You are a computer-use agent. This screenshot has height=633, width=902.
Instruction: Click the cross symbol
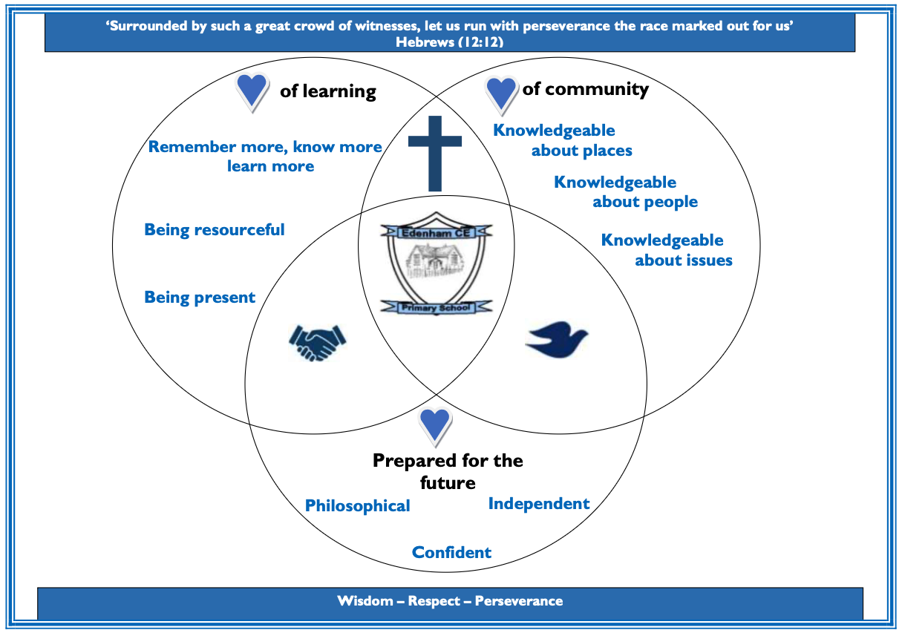pyautogui.click(x=434, y=153)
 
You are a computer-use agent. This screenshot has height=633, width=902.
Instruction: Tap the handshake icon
pyautogui.click(x=317, y=342)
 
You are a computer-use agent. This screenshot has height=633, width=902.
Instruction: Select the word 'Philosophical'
pyautogui.click(x=357, y=506)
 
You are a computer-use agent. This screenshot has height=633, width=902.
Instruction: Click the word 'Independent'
pyautogui.click(x=538, y=504)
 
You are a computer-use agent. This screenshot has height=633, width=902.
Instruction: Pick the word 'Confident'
pyautogui.click(x=451, y=553)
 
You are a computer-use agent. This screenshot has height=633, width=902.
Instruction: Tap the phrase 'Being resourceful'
pyautogui.click(x=214, y=230)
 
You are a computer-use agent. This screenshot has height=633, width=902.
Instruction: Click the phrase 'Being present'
pyautogui.click(x=200, y=298)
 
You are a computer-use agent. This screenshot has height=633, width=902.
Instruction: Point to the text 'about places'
pyautogui.click(x=581, y=151)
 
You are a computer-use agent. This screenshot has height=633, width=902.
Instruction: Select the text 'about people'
pyautogui.click(x=644, y=202)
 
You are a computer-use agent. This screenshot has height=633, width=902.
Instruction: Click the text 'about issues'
pyautogui.click(x=683, y=260)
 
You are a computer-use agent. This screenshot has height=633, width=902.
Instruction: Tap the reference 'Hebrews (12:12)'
pyautogui.click(x=450, y=42)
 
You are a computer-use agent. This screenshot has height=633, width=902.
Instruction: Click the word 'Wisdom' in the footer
pyautogui.click(x=364, y=601)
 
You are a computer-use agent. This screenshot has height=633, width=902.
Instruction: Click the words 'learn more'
pyautogui.click(x=270, y=166)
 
